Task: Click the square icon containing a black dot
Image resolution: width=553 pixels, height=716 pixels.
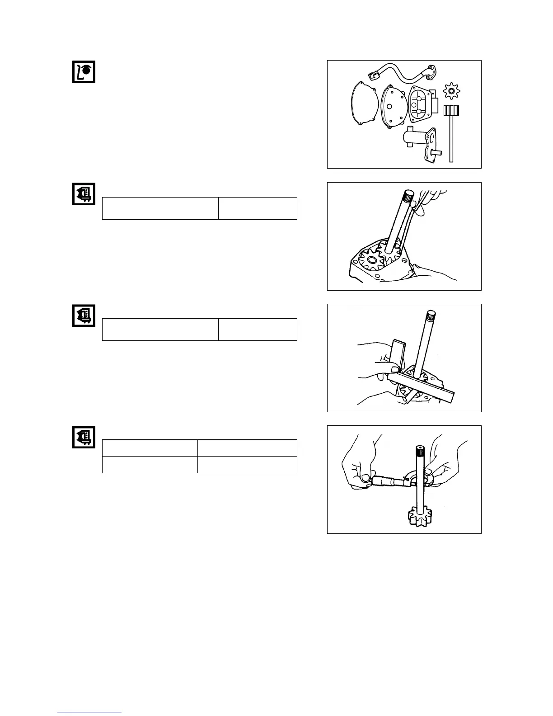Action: pos(84,71)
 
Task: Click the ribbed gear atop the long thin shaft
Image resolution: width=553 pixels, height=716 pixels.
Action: pos(451,111)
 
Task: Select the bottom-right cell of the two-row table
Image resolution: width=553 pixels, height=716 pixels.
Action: pos(247,465)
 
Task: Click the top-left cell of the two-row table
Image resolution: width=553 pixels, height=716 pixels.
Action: pos(150,448)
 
